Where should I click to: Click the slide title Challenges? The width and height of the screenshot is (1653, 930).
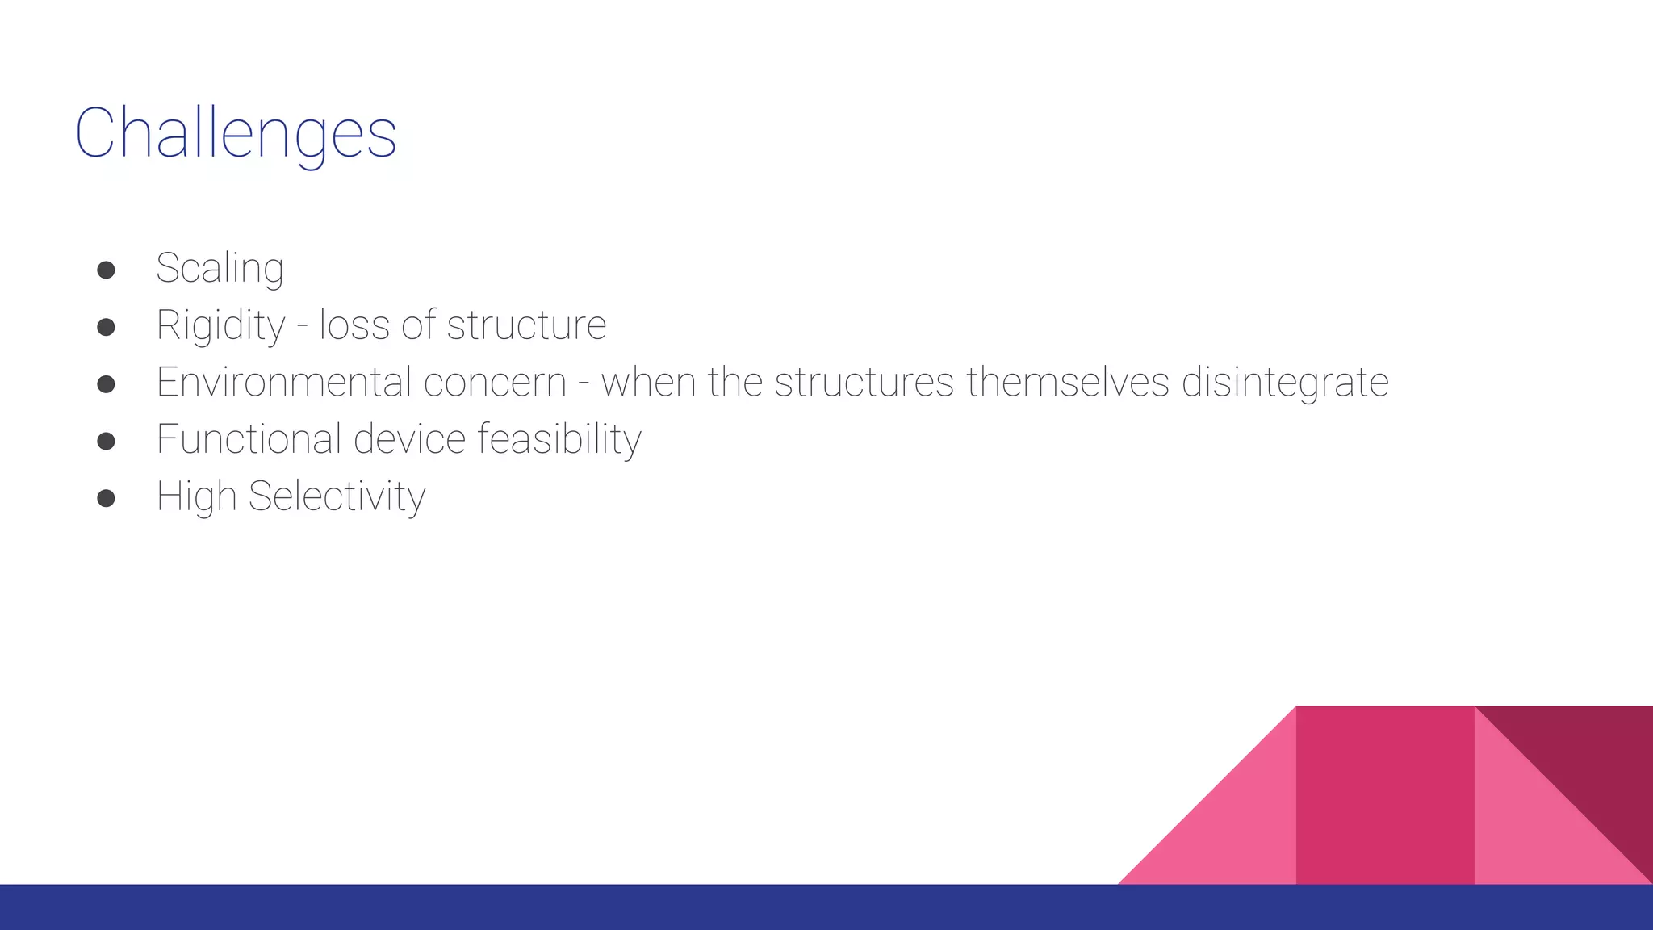236,133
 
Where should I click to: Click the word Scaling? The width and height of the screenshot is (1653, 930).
220,269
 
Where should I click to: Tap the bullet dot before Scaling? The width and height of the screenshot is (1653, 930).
106,270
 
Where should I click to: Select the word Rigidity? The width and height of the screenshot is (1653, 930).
220,326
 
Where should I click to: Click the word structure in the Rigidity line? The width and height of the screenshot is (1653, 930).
526,325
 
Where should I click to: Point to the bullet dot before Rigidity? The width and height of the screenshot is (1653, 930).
106,327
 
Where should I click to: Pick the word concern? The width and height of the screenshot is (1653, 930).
494,382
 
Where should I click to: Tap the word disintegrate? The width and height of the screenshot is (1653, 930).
1285,383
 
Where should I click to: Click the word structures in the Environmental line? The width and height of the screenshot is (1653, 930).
864,382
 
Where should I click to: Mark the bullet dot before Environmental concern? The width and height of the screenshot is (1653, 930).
106,384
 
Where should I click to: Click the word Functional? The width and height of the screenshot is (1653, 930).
249,439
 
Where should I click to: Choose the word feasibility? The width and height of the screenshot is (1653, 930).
559,440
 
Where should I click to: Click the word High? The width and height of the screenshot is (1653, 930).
195,496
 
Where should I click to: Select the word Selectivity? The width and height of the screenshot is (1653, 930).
337,496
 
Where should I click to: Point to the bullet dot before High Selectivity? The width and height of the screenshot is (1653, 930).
106,498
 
